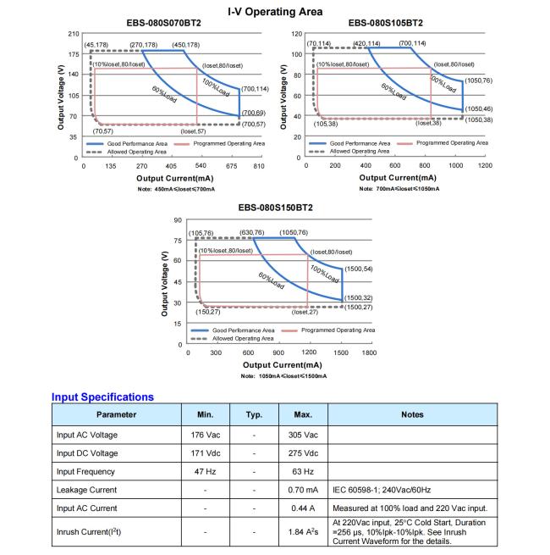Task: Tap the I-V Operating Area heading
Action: pyautogui.click(x=274, y=10)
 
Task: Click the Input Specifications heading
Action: pyautogui.click(x=102, y=397)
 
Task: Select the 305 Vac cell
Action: pyautogui.click(x=304, y=435)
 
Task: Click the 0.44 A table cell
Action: pyautogui.click(x=304, y=508)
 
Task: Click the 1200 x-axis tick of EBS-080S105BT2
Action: pyautogui.click(x=485, y=165)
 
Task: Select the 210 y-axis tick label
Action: pyautogui.click(x=73, y=34)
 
